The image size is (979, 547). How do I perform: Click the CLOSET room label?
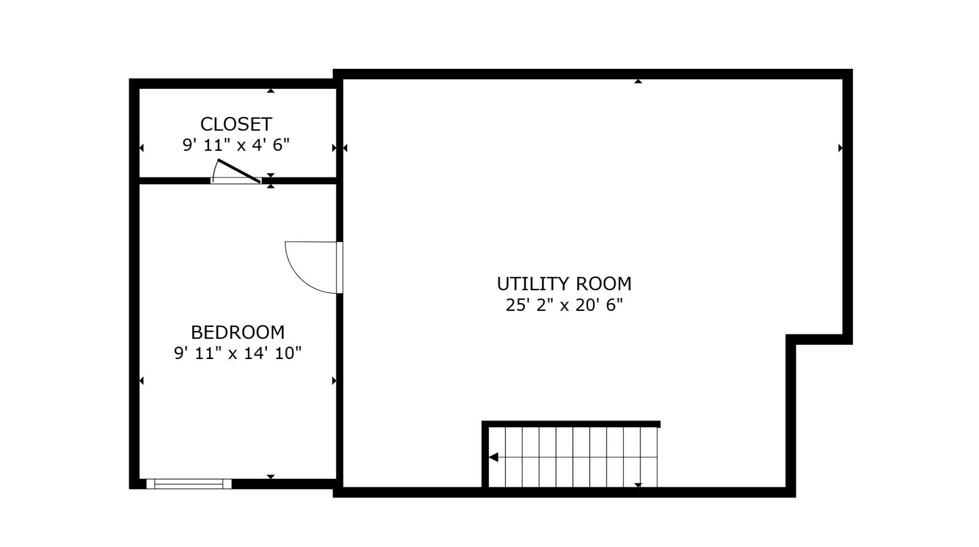click(x=236, y=124)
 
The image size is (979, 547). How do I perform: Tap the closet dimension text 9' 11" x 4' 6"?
click(x=236, y=145)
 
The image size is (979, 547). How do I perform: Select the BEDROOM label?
click(x=238, y=333)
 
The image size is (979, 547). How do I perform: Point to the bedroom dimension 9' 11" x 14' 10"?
click(x=238, y=353)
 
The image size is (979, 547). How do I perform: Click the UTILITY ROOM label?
click(x=564, y=284)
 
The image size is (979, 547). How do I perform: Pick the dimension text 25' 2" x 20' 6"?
click(x=564, y=305)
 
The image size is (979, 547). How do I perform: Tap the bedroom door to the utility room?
click(x=314, y=267)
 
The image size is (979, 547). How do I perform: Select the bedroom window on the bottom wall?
click(x=189, y=484)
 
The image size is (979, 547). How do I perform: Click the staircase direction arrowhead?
click(x=493, y=457)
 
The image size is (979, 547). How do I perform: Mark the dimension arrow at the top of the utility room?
click(x=638, y=82)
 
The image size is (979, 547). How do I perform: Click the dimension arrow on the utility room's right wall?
click(x=840, y=148)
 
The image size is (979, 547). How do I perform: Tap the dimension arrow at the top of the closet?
click(x=271, y=90)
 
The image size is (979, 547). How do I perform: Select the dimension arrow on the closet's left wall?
click(x=141, y=148)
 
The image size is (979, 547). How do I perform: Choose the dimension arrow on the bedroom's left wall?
click(x=141, y=381)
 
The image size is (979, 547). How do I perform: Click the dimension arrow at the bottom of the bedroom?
click(x=271, y=477)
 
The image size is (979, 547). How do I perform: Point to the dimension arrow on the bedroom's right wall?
click(x=334, y=381)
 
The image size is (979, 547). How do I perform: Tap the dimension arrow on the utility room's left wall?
click(x=345, y=148)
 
